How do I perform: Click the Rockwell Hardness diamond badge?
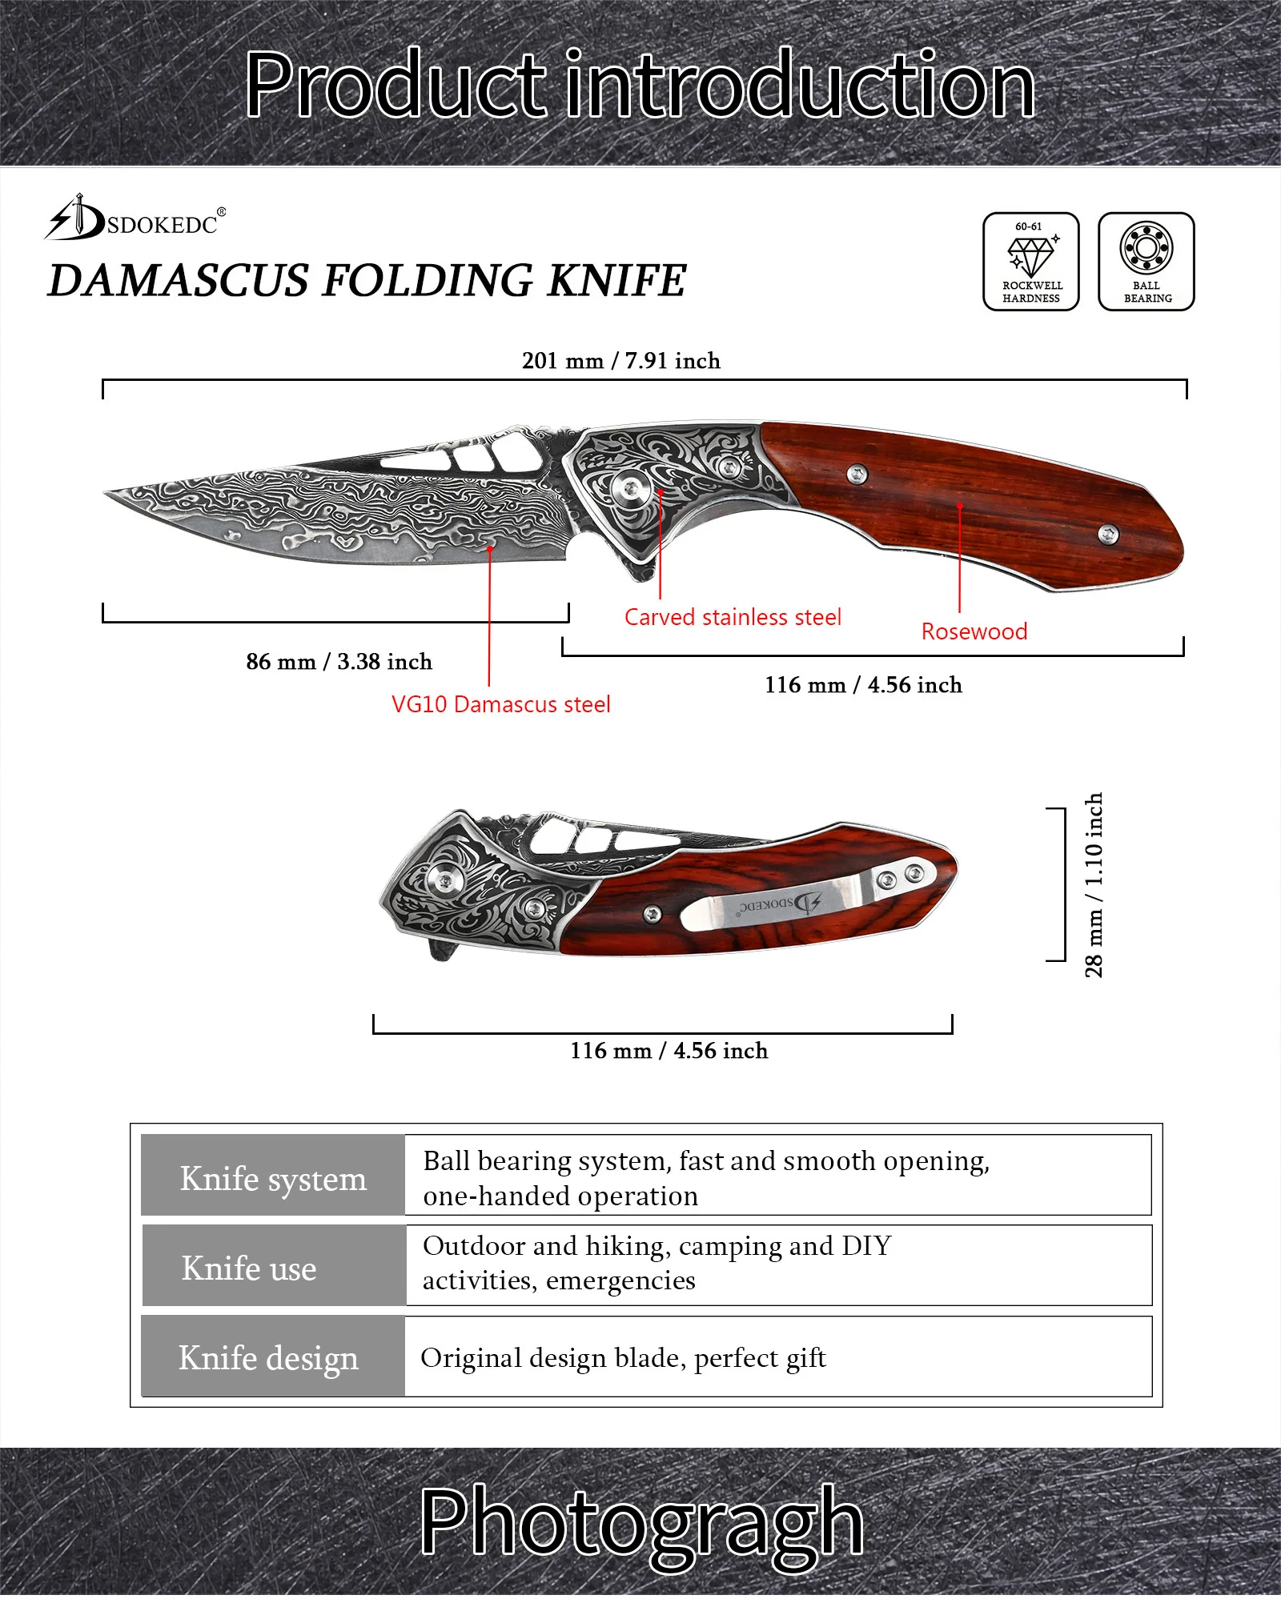click(x=1031, y=261)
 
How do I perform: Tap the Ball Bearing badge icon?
click(x=1146, y=261)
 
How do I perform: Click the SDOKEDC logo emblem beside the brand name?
click(x=74, y=218)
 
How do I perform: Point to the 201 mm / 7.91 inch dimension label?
click(x=621, y=361)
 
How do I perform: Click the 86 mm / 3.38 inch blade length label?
click(x=339, y=662)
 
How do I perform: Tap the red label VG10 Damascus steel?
click(x=500, y=704)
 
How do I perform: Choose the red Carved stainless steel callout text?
click(x=733, y=617)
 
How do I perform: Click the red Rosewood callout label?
click(x=974, y=631)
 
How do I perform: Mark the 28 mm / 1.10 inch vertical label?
click(x=1094, y=885)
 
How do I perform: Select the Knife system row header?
click(x=273, y=1179)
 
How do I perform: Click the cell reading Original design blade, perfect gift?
click(x=623, y=1358)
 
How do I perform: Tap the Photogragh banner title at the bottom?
click(x=641, y=1521)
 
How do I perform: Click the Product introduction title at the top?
click(x=640, y=84)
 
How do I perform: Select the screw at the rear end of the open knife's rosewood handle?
click(x=1108, y=534)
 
